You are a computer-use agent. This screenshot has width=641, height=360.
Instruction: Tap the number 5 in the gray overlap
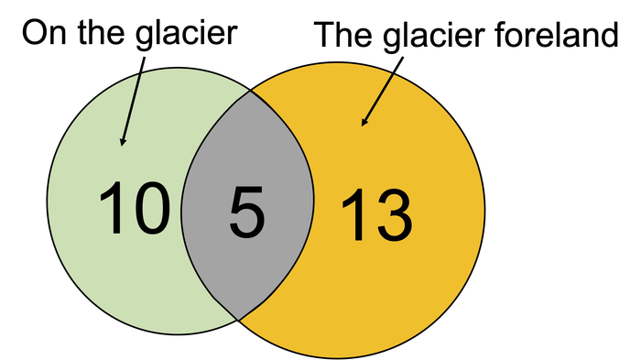(247, 212)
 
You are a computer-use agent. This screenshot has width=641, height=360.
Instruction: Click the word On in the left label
(42, 34)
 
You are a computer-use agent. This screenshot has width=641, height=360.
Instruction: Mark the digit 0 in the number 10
(150, 208)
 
